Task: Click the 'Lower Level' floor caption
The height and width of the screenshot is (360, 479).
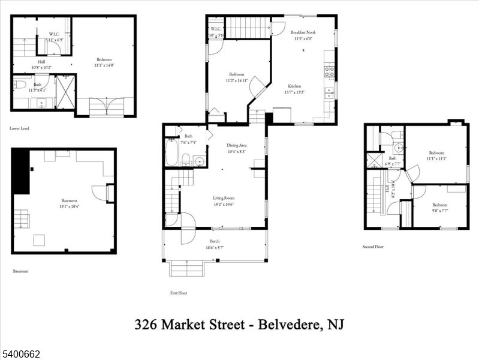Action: click(20, 128)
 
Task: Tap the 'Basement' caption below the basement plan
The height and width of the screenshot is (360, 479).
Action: click(21, 271)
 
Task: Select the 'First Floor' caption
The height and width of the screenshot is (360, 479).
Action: click(179, 293)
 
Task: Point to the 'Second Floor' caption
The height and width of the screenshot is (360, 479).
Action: click(373, 246)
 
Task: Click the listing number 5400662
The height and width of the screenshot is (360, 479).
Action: click(20, 355)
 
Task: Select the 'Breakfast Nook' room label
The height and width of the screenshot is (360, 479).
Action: click(303, 32)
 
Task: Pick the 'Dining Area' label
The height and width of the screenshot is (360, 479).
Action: click(236, 145)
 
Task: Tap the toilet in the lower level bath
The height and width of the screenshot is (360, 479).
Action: click(19, 85)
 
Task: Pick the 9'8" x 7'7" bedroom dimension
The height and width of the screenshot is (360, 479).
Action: click(439, 211)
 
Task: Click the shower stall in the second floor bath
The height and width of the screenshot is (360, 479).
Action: click(375, 160)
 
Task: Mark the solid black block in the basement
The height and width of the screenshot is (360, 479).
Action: click(21, 172)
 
